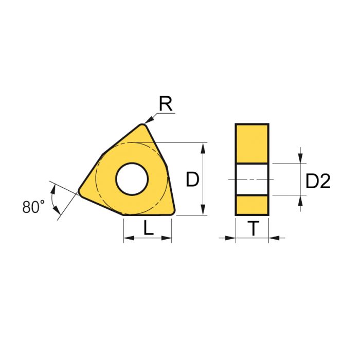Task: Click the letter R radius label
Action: coord(165,104)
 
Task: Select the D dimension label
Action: coord(192,179)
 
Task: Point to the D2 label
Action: coord(318,181)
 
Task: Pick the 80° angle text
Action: coord(33,207)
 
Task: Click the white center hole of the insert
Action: coord(132,179)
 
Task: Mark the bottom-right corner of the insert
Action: coord(173,212)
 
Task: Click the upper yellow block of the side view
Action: coord(252,143)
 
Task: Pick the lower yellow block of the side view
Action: coord(252,205)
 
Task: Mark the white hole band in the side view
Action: coord(252,179)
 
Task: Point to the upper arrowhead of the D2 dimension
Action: coord(300,158)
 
